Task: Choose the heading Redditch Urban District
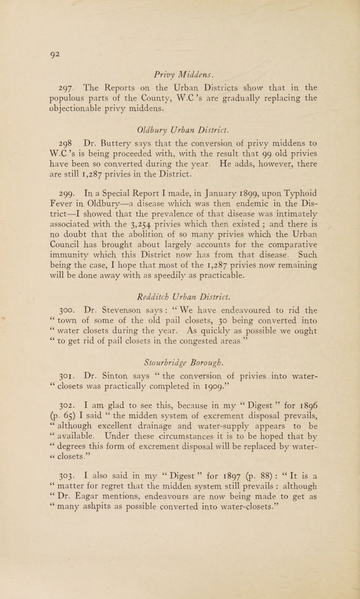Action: (x=180, y=299)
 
